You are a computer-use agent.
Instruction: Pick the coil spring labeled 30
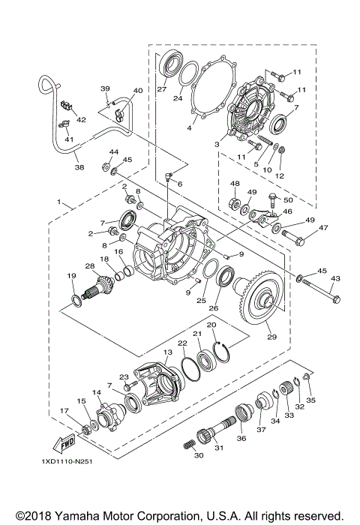point(187,445)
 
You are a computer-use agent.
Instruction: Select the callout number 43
point(335,279)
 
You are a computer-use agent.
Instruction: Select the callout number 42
point(81,119)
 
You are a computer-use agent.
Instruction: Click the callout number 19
point(72,277)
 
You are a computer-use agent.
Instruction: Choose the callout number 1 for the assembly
point(58,202)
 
